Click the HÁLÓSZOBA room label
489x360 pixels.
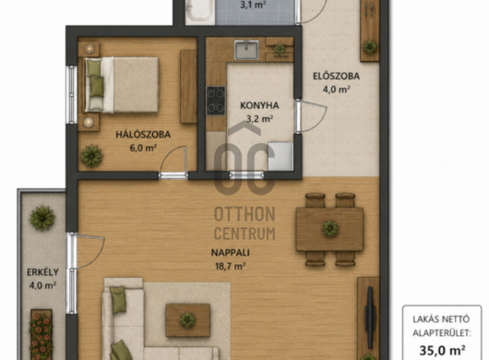[143, 135]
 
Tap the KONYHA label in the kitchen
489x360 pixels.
[259, 105]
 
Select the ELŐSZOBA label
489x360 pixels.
[336, 76]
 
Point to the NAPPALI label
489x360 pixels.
[231, 252]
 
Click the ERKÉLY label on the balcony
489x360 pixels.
[42, 272]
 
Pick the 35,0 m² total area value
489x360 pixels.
[442, 350]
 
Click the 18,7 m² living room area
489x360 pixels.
[230, 266]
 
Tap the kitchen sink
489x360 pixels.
[246, 50]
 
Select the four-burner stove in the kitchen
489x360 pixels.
[216, 101]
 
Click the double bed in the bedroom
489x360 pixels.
[122, 85]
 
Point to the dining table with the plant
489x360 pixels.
[329, 229]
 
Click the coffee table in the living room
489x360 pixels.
[187, 320]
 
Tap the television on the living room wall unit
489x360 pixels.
[370, 318]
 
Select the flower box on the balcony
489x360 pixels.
[42, 334]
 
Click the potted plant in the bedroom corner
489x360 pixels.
[91, 156]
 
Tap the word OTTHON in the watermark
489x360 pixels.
[244, 214]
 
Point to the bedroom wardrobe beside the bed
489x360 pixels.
[188, 87]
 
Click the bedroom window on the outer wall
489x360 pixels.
[72, 94]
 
